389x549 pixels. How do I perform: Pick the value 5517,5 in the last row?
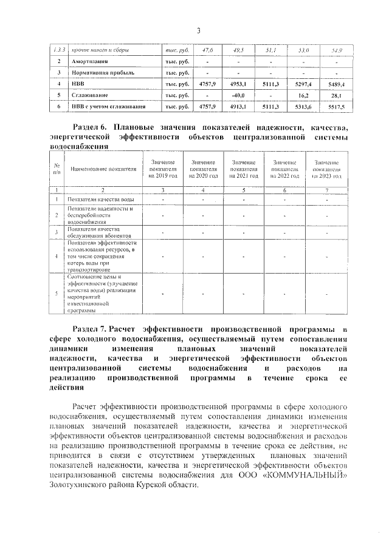[336, 107]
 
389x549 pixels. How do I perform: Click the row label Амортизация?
[91, 61]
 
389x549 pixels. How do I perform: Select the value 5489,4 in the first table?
[336, 84]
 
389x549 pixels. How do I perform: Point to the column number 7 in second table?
[326, 190]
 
